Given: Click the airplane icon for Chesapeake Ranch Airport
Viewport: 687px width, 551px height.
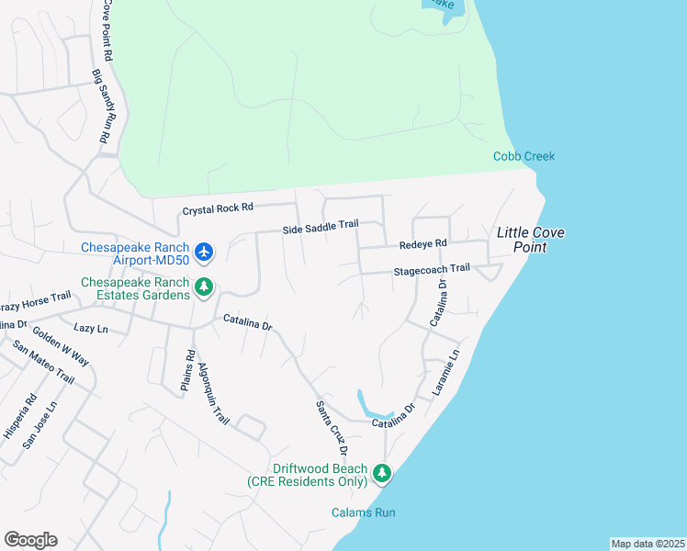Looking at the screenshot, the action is point(204,252).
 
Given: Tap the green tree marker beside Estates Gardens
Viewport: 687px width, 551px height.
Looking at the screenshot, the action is point(204,288).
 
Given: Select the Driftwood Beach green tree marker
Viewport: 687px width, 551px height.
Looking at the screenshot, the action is point(381,475).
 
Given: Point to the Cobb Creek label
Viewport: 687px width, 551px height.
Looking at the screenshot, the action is point(524,156).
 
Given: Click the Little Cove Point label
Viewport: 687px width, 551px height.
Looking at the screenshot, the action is point(530,240).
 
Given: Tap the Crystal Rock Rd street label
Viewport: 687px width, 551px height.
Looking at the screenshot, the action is point(217,210).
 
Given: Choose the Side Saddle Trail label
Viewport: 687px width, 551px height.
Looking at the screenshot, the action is point(320,228).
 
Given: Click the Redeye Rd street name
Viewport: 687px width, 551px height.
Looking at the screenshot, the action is point(422,244).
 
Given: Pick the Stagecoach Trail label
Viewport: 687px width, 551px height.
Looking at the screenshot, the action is point(432,270).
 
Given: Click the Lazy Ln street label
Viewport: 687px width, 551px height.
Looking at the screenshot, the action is point(90,328).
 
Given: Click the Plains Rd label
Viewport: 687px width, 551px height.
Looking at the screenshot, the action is point(187,371).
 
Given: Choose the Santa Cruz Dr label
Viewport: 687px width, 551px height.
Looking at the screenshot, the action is point(331,427).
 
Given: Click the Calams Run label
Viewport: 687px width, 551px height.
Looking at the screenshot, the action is point(364,512).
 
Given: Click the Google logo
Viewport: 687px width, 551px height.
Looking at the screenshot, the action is point(30,540).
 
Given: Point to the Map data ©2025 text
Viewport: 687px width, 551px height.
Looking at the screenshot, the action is point(647,544).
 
